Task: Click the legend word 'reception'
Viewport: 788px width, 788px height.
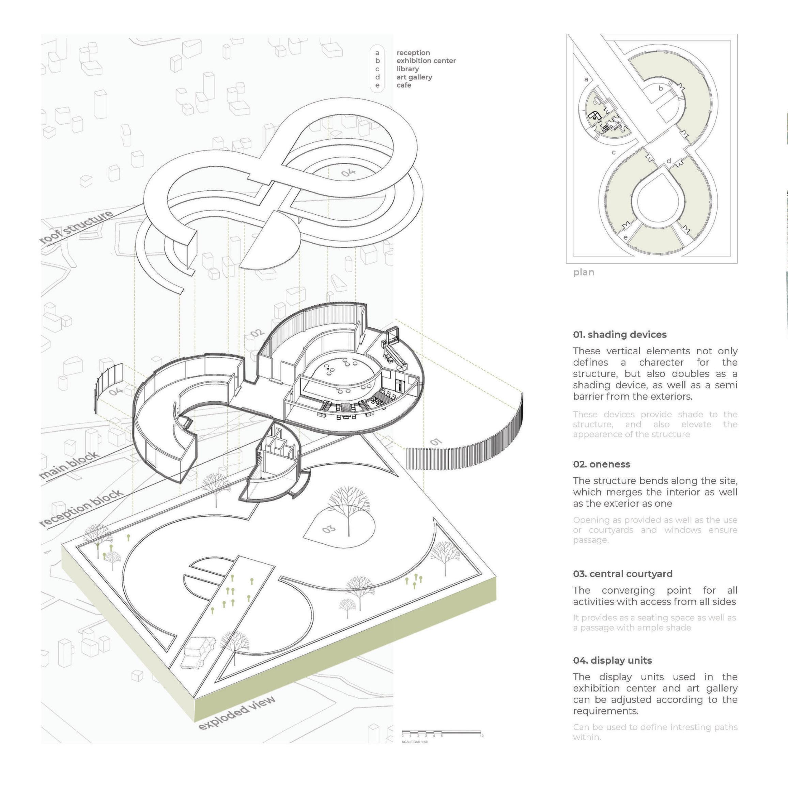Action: click(413, 52)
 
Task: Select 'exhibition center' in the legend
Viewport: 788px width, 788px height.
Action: click(426, 61)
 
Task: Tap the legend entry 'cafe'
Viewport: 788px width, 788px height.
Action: click(403, 85)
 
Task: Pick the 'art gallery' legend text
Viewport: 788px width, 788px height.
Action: click(414, 77)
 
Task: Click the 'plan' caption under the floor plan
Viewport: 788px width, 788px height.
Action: click(583, 272)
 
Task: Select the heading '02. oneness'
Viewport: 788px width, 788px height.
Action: click(601, 464)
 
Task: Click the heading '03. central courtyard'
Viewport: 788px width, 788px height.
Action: click(622, 573)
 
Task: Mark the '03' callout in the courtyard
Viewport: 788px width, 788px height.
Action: click(329, 529)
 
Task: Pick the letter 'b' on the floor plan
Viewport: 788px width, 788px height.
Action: click(660, 88)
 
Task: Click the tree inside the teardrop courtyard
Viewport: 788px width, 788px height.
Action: click(348, 510)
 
